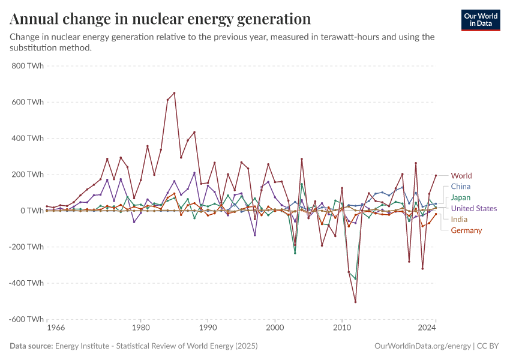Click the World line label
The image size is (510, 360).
tap(461, 176)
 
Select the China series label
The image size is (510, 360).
tap(461, 187)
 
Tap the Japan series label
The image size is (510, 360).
tap(461, 197)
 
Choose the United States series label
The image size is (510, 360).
tap(474, 208)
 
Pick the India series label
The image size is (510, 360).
tap(459, 219)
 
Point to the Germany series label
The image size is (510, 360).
tap(466, 230)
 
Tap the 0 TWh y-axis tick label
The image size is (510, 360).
tap(31, 211)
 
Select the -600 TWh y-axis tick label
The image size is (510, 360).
tap(26, 319)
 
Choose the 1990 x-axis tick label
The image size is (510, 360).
tap(208, 329)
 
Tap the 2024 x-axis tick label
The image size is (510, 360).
tap(427, 329)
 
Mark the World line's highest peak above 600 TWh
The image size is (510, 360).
tap(174, 93)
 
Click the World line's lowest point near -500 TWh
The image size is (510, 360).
tap(355, 302)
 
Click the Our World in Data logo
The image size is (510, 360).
tap(481, 20)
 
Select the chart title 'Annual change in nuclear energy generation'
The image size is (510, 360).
tap(160, 19)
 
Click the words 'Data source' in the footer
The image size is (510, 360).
tap(31, 346)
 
